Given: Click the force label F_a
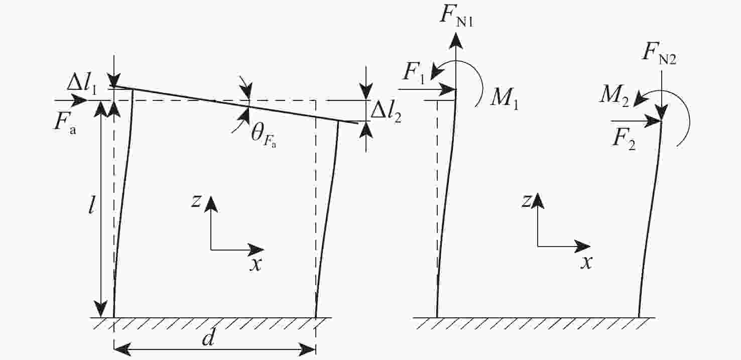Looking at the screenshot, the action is coord(65,123).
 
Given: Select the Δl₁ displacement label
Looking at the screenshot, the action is coord(82,85).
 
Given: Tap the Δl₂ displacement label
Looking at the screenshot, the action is coord(386,112).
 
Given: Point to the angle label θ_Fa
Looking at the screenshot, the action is coord(264,136).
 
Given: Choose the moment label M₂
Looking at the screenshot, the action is coord(614,96).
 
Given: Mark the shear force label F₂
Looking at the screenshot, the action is coord(624,140).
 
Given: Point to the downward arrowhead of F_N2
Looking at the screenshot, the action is coord(662,112).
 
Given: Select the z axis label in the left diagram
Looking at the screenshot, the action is coord(196,201).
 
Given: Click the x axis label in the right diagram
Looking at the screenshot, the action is coord(586,263).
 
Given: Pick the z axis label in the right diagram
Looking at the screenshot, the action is coord(526,201).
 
